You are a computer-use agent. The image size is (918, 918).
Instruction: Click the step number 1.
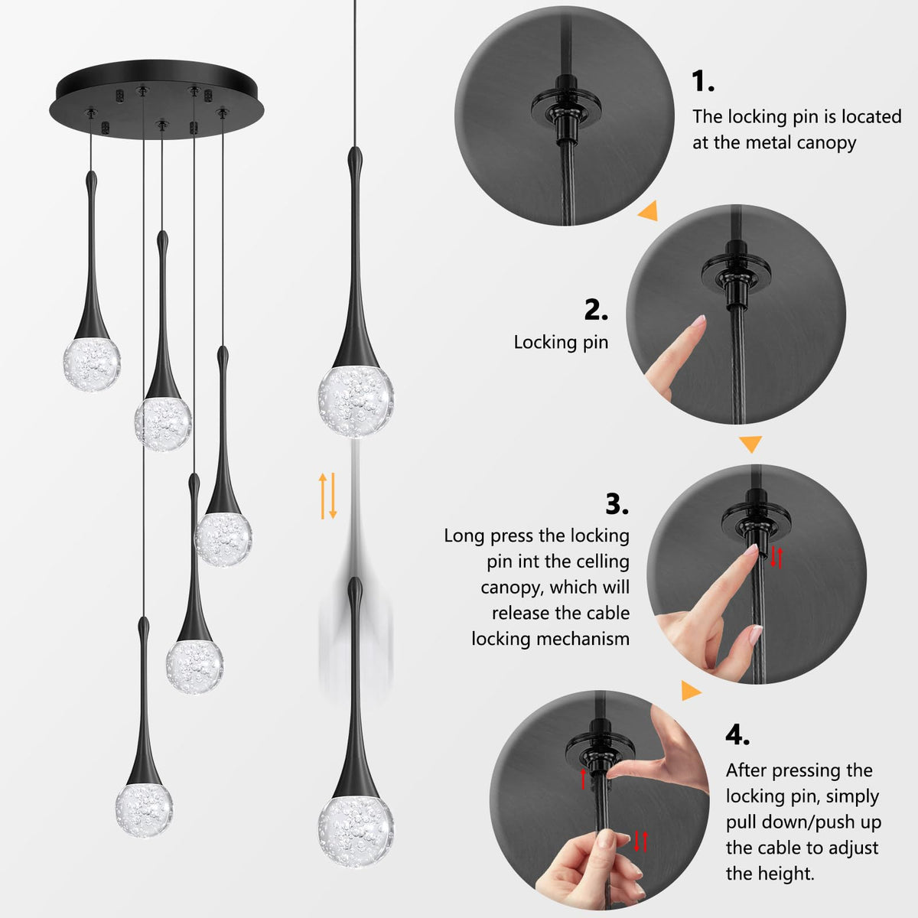(703, 81)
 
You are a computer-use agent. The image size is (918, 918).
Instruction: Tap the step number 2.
(596, 310)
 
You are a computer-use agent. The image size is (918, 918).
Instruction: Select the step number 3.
(617, 504)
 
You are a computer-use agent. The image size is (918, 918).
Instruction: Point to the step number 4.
(737, 734)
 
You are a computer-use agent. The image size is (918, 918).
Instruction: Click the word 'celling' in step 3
(603, 562)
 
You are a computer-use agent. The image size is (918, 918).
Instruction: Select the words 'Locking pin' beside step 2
(561, 343)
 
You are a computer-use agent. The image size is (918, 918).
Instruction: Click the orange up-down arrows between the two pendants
(327, 496)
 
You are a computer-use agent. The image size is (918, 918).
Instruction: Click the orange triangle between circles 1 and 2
(649, 210)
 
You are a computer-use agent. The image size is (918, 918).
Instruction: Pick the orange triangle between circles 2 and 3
(750, 444)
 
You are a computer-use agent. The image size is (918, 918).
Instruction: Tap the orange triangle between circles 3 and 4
(690, 690)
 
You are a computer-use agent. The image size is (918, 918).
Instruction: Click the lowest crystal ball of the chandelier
(144, 810)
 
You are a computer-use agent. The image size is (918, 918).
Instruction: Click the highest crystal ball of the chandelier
(92, 364)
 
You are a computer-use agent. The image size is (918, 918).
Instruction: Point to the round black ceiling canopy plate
(156, 99)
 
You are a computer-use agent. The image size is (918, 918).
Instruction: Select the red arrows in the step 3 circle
(776, 558)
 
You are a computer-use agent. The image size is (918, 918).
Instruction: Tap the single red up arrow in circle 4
(583, 778)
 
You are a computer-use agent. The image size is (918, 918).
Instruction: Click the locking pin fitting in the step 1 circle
(566, 110)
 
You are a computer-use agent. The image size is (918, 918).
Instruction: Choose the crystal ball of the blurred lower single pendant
(356, 830)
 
